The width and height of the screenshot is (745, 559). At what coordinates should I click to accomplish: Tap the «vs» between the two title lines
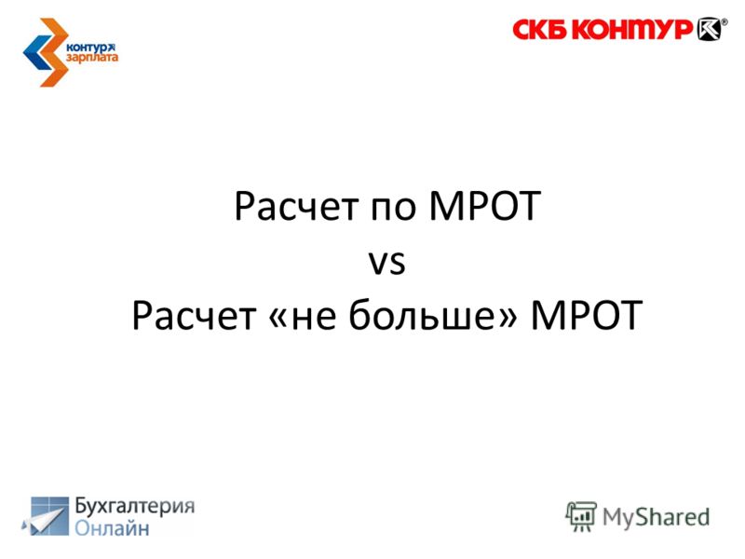pos(387,263)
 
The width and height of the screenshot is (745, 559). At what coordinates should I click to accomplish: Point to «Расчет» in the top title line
pos(296,206)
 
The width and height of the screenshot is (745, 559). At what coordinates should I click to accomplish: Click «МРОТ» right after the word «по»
pos(484,206)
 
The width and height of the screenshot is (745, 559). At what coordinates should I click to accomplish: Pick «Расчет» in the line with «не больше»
pos(194,315)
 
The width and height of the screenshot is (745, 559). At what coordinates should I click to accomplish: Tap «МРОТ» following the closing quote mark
pos(587,315)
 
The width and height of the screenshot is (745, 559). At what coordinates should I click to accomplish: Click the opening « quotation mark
pos(277,318)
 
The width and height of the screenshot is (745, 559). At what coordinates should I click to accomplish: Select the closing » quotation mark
pos(507,318)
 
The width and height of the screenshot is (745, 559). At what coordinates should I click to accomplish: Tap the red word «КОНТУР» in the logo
pos(632,30)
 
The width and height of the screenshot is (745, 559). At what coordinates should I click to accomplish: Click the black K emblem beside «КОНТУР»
pos(709,29)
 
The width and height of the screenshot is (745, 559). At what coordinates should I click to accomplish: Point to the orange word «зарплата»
pos(91,58)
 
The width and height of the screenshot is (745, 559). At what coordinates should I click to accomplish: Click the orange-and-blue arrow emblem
pos(46,52)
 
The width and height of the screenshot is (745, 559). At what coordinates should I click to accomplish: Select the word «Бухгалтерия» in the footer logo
pos(135,506)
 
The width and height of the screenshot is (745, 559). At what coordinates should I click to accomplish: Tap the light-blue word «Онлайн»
pos(112,528)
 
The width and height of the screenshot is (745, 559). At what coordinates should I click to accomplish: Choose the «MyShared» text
pos(656,518)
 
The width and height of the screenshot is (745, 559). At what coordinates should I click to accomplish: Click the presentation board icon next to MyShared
pos(581,516)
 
